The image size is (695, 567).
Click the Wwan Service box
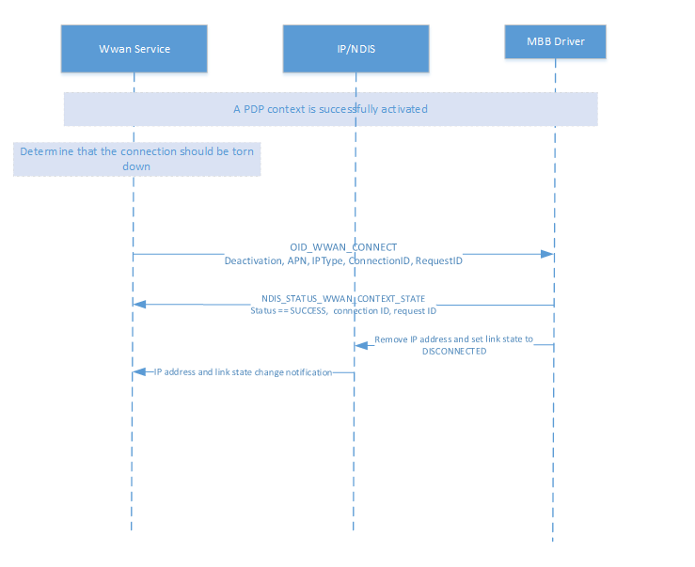pos(134,49)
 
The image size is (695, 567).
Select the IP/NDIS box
pos(355,49)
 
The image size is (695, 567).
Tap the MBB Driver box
pos(555,41)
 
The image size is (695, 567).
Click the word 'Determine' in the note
pos(46,150)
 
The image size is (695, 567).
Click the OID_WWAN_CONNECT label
pos(343,247)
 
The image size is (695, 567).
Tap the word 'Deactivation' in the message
pos(254,260)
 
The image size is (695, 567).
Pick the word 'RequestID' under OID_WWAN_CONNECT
pos(438,260)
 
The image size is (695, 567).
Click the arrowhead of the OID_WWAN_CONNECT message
pos(546,254)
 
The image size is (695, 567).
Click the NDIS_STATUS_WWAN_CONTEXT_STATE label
pos(343,298)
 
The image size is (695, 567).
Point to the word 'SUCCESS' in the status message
pos(307,310)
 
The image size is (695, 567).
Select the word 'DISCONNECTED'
pos(453,351)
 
